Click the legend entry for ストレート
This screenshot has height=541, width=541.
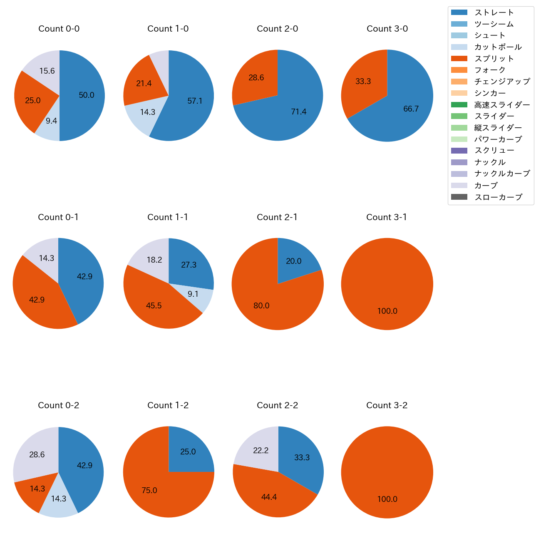click(494, 12)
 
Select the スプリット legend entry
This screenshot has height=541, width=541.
click(494, 59)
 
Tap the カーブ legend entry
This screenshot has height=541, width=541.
click(486, 186)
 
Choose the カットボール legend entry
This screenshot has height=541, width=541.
click(498, 47)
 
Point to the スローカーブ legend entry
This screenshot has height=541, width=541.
click(498, 197)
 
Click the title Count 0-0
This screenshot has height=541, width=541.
click(59, 29)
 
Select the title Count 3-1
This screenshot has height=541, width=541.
click(387, 217)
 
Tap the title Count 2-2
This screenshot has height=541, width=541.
click(278, 405)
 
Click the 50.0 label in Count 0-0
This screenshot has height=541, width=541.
click(87, 95)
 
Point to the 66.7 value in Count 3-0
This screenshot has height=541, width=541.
click(411, 109)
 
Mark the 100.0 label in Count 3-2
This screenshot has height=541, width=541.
click(387, 499)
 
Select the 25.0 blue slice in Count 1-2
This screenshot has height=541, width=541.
click(188, 452)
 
